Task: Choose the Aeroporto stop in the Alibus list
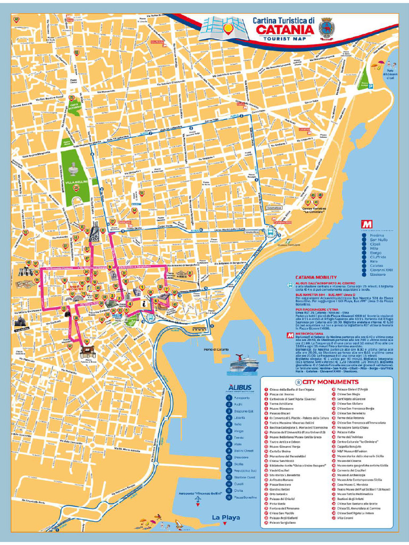(241, 398)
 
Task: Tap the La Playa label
(225, 517)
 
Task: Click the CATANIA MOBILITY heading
(315, 277)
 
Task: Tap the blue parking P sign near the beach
(371, 85)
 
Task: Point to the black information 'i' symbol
(144, 302)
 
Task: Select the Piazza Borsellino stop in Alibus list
(244, 497)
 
